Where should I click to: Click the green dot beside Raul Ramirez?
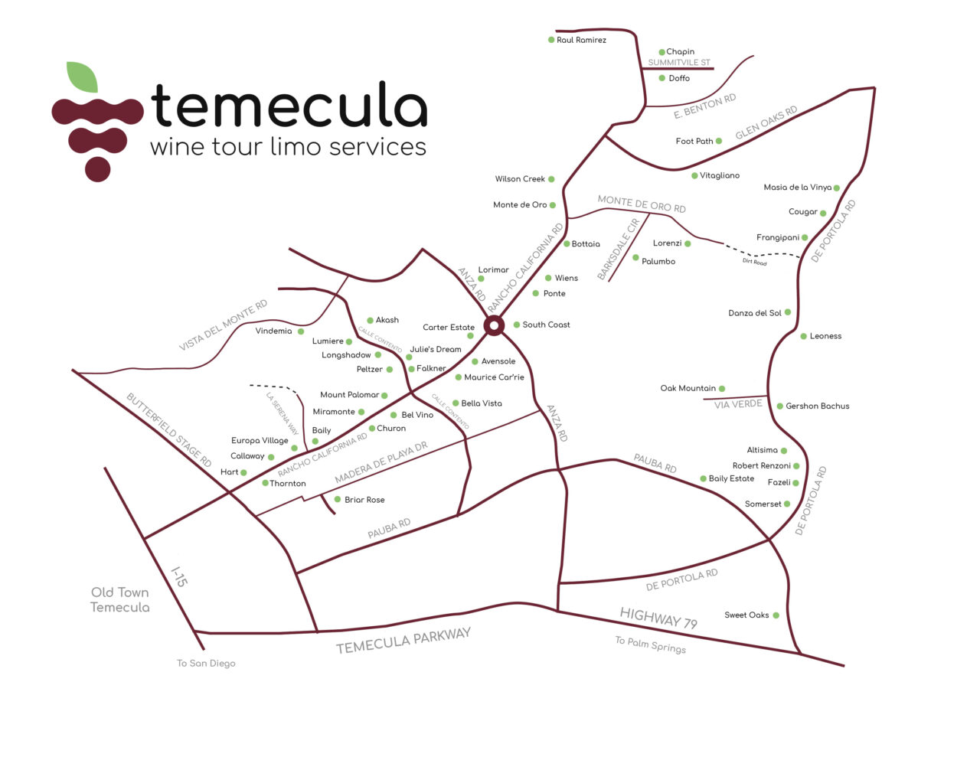pos(551,40)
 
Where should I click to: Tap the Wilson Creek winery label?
pos(520,179)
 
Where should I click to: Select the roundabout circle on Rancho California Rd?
pos(495,326)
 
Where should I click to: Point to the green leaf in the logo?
pos(83,77)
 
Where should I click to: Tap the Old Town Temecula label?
pos(120,600)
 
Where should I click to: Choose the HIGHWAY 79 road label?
pos(658,618)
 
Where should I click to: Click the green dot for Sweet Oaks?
pos(776,615)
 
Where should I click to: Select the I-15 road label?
pos(178,577)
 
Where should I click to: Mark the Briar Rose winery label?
pos(364,500)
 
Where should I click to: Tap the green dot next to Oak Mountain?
pos(722,389)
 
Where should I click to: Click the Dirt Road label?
pos(754,263)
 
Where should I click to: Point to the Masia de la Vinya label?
pos(797,188)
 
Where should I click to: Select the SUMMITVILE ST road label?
pos(679,63)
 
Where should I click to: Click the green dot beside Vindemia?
pos(301,331)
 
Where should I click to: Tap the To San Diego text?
pos(206,664)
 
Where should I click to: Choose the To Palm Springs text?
pos(650,645)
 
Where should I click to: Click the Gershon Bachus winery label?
pos(817,406)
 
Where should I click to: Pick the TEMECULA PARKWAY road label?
pos(403,641)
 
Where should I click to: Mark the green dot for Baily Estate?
pos(703,479)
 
